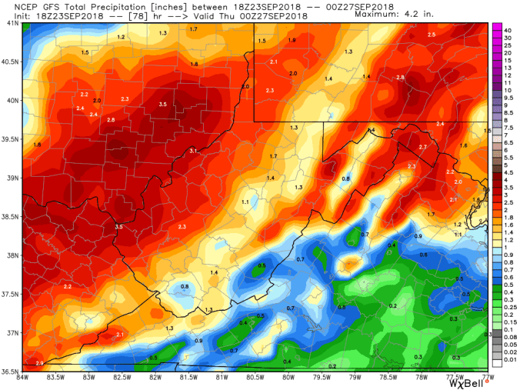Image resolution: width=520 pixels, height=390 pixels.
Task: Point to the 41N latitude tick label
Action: point(12,23)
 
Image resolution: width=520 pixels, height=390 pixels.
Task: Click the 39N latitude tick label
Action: point(12,177)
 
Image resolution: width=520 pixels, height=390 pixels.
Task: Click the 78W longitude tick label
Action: point(422,375)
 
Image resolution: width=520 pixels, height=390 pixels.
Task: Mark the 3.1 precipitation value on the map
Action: point(193,152)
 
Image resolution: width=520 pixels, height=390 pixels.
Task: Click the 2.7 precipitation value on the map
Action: point(422,146)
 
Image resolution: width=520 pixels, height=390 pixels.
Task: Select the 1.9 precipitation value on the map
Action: point(292,40)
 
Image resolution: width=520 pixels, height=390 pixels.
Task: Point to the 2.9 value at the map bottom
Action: point(39,362)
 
